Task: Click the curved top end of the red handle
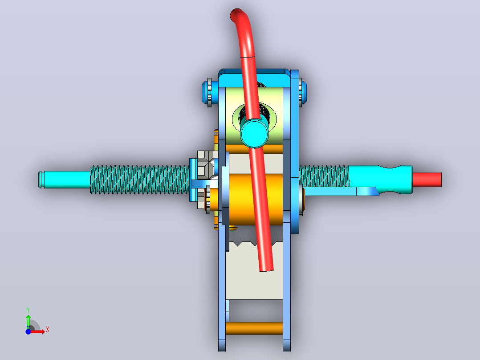tap(236, 14)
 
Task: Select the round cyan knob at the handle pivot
tap(254, 134)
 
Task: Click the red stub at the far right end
tap(427, 180)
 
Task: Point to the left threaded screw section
tap(140, 180)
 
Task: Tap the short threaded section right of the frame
tap(324, 176)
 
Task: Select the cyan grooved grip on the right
tap(381, 180)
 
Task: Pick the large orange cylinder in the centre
tap(256, 200)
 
